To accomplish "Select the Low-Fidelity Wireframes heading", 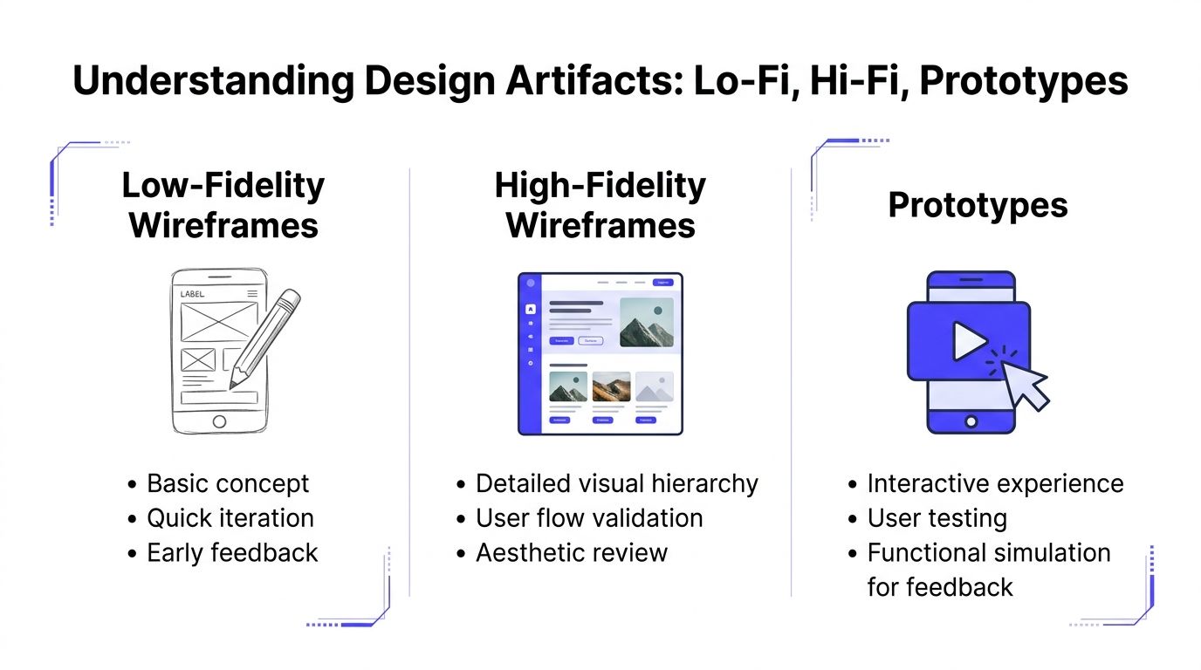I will click(223, 205).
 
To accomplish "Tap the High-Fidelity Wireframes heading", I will click(600, 205).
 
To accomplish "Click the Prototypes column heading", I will click(978, 205).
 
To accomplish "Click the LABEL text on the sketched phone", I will click(192, 294).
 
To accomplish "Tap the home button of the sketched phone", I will click(219, 421).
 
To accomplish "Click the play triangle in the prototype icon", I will click(968, 341).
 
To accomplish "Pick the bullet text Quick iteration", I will click(230, 517).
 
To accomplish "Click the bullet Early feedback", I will click(232, 552).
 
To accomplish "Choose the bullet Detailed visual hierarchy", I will click(616, 483).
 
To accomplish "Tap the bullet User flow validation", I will click(589, 517).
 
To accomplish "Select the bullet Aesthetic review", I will click(572, 552).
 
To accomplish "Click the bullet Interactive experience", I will click(995, 483).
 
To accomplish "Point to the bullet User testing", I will click(937, 517).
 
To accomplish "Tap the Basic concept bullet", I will click(228, 483).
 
